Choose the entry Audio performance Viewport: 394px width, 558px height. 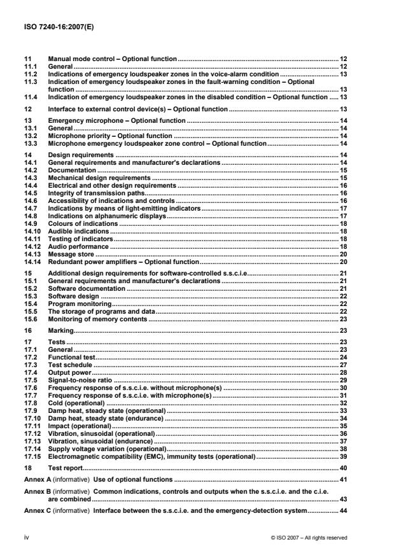[x=78, y=246]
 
